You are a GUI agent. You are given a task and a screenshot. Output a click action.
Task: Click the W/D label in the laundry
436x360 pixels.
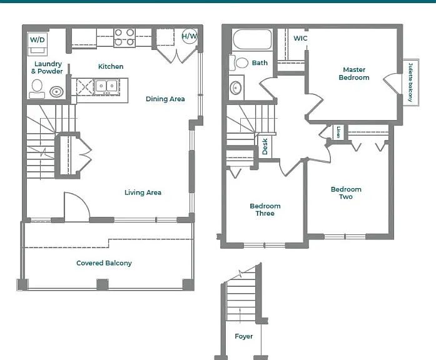pyautogui.click(x=38, y=40)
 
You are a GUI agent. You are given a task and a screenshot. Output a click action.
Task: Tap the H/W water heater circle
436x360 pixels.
pyautogui.click(x=190, y=36)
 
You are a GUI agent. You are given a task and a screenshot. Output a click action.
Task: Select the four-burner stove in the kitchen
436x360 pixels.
pyautogui.click(x=124, y=37)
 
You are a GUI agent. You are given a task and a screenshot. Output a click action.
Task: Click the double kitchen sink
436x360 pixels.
pyautogui.click(x=107, y=86)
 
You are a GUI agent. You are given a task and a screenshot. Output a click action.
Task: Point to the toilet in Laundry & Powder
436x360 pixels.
pyautogui.click(x=37, y=89)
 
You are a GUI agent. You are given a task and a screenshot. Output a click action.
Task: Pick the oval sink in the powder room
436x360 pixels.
pyautogui.click(x=56, y=92)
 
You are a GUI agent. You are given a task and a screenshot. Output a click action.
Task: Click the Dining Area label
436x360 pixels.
pyautogui.click(x=165, y=99)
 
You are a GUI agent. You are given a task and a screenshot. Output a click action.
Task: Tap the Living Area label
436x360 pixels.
pyautogui.click(x=143, y=192)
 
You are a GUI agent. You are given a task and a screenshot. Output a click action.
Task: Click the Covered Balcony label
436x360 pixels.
pyautogui.click(x=104, y=263)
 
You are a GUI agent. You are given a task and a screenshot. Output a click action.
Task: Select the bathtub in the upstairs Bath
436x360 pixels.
pyautogui.click(x=252, y=39)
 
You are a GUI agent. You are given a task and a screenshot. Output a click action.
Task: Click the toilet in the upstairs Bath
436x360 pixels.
pyautogui.click(x=238, y=62)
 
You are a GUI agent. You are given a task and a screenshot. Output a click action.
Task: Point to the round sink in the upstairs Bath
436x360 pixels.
pyautogui.click(x=236, y=88)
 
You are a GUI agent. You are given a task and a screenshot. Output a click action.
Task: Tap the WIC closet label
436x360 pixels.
pyautogui.click(x=301, y=38)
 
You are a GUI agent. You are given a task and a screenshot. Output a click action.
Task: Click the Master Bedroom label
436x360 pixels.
pyautogui.click(x=354, y=74)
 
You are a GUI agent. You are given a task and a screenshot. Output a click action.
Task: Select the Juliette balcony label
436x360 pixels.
pyautogui.click(x=411, y=82)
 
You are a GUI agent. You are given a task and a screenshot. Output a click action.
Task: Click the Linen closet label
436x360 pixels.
pyautogui.click(x=338, y=132)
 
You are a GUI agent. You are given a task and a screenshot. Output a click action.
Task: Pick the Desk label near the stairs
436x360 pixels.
pyautogui.click(x=265, y=146)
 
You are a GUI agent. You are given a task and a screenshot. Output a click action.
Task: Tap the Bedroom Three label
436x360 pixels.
pyautogui.click(x=265, y=210)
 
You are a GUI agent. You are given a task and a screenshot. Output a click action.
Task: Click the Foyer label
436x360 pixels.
pyautogui.click(x=243, y=336)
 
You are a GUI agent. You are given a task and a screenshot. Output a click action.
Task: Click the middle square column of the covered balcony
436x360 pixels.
pyautogui.click(x=103, y=285)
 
